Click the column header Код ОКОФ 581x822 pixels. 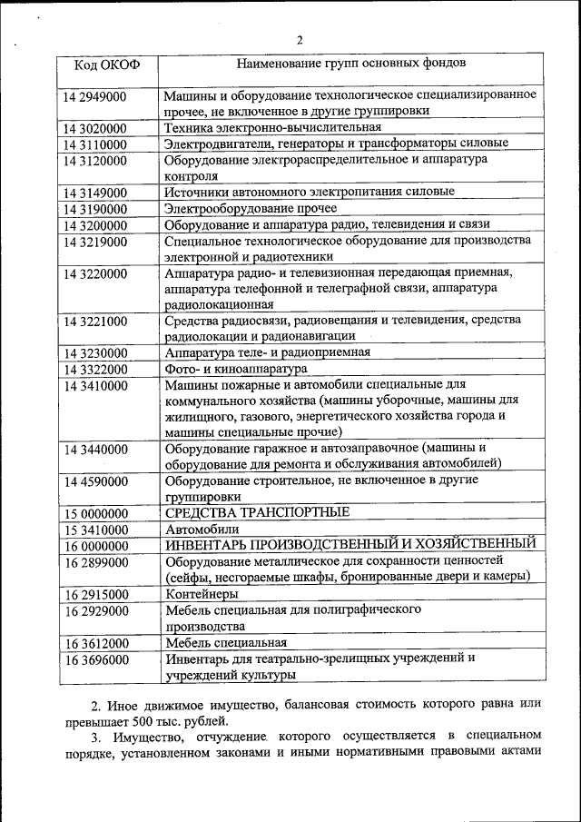[x=105, y=65]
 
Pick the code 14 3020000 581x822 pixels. [x=96, y=128]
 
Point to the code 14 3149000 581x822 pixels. [x=96, y=193]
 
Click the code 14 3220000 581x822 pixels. [x=96, y=272]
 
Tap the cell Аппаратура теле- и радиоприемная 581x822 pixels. [x=268, y=352]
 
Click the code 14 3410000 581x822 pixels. [x=96, y=385]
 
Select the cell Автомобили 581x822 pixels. [x=202, y=529]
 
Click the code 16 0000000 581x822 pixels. [x=96, y=546]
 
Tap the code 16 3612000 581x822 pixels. [x=96, y=643]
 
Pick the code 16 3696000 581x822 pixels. [x=96, y=659]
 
